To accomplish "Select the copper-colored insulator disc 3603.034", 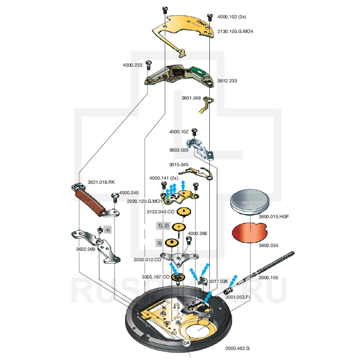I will point(249,233).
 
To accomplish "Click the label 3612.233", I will point(227,81).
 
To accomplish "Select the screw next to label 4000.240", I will point(115,198).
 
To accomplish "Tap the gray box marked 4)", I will point(107,229).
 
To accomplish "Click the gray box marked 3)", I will point(159,243).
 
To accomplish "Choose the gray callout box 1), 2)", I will point(162,225).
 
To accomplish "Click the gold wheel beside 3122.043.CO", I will point(184,212).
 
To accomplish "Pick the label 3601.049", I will point(192,98).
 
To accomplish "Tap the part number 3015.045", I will point(179,165).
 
